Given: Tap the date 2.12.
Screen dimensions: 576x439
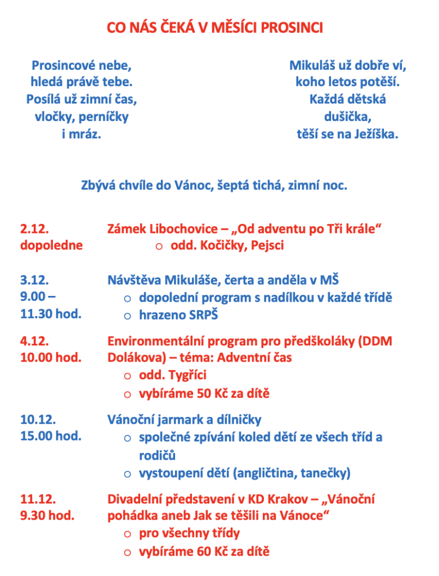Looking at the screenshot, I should click(34, 229).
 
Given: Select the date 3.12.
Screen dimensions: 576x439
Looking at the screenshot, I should click(34, 280).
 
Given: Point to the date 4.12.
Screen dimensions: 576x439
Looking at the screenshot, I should click(34, 341).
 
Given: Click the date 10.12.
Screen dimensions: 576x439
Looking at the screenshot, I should click(37, 419).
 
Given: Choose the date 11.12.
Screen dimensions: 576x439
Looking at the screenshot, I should click(37, 499).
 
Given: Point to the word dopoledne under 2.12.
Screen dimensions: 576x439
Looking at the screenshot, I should click(51, 245).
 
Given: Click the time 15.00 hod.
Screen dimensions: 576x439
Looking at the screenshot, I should click(51, 436).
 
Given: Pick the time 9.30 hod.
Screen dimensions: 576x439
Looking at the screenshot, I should click(47, 515).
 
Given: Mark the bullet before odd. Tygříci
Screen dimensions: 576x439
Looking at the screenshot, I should click(128, 376).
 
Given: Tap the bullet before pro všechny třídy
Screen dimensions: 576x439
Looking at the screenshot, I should click(128, 534).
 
